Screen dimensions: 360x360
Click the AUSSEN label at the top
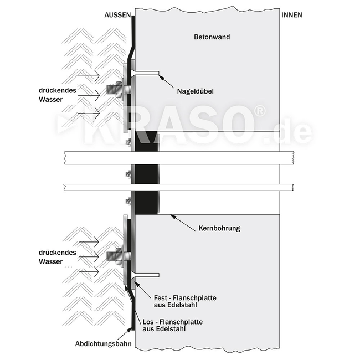(x=118, y=15)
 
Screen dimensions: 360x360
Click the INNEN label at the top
(x=292, y=15)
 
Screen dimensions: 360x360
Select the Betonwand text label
(x=212, y=38)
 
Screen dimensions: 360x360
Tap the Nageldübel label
(x=196, y=91)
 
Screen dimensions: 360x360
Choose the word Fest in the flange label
(x=161, y=298)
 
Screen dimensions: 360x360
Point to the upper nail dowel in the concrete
(x=145, y=73)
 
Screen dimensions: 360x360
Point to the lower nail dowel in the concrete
(x=145, y=275)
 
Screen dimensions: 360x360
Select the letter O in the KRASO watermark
(x=233, y=128)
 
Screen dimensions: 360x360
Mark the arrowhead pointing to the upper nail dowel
(x=161, y=76)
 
